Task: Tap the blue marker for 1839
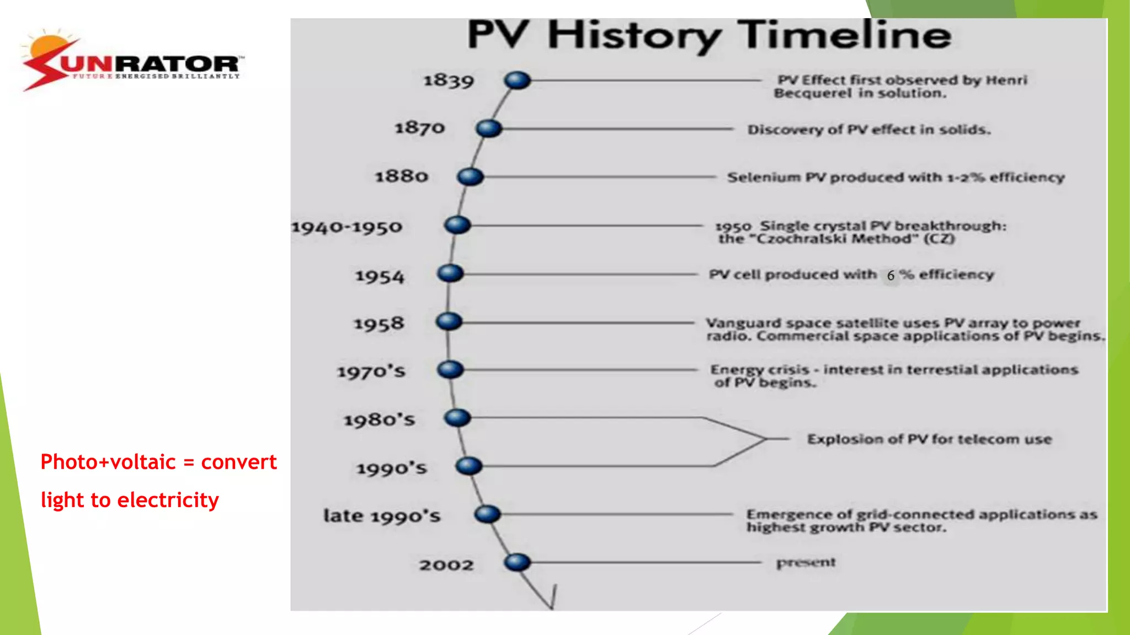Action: click(517, 80)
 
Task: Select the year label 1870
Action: click(419, 128)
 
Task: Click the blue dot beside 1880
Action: click(470, 177)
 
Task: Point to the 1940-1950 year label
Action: click(347, 227)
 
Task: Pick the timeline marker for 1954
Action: click(450, 273)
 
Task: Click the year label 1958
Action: click(379, 324)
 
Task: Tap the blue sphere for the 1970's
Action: click(450, 370)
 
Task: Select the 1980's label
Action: click(379, 420)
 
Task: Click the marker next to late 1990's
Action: click(487, 514)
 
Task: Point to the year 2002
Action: click(446, 565)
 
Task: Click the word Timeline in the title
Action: click(844, 35)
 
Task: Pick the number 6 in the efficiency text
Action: click(891, 275)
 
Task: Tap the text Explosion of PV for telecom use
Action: click(930, 439)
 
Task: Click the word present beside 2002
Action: click(806, 563)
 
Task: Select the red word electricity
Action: click(168, 500)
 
